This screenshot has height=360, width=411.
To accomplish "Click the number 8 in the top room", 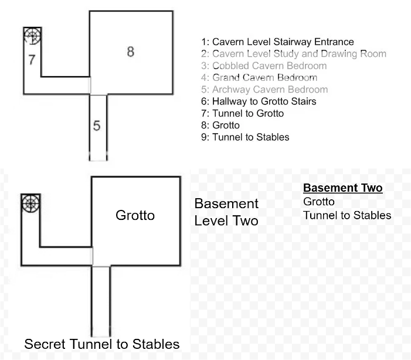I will pos(130,52).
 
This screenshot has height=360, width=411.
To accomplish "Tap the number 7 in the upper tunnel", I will pos(32,59).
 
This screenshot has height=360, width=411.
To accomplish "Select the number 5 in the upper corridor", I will pos(97,125).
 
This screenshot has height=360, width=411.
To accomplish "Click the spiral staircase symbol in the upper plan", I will pos(32,36).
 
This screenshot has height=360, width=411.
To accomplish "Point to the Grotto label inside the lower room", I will pos(135,215).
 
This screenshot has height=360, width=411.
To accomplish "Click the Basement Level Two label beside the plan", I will pos(226,212).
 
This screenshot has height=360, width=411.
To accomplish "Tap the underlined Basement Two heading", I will pos(342,188).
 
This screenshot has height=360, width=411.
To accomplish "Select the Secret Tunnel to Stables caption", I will pos(101,343).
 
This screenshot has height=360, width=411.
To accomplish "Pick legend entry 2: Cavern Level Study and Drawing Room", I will pos(293,54).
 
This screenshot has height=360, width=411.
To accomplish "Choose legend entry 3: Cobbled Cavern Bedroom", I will pos(263,66).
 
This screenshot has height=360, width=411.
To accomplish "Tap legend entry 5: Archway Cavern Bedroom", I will pos(264,90).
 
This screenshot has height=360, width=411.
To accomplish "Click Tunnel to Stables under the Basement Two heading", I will pos(347,215).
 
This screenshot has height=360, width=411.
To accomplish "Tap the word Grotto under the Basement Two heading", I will pos(319,202).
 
